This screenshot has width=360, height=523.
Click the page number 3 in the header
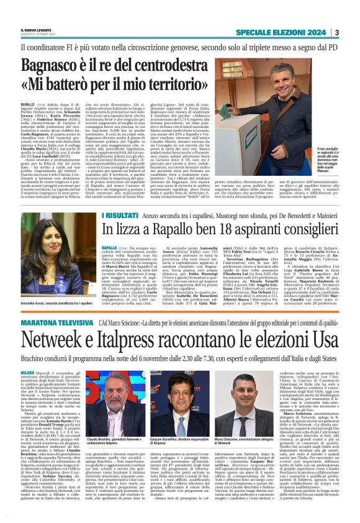pyautogui.click(x=336, y=33)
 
